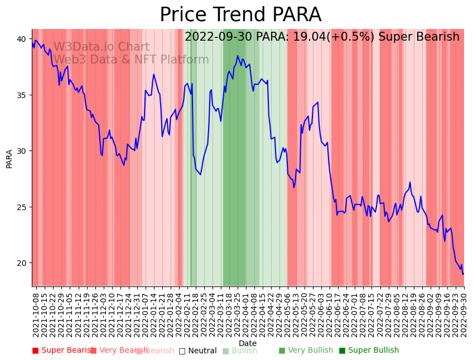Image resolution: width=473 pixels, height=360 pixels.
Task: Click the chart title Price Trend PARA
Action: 240,15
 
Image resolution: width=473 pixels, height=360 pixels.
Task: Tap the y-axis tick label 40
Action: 20,39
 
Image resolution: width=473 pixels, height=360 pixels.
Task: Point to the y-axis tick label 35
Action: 20,95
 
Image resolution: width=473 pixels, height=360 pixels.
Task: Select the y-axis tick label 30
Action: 20,151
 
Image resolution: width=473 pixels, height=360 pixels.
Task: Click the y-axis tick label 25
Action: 20,207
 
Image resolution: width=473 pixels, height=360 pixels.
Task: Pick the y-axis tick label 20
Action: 20,263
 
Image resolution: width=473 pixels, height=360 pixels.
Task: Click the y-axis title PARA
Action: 9,158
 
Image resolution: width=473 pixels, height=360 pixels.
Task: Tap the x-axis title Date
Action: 248,344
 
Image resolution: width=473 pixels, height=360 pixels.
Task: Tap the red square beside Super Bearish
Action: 35,351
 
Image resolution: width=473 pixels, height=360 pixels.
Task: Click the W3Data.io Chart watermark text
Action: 102,47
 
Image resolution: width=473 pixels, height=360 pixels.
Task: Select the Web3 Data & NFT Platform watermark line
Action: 131,60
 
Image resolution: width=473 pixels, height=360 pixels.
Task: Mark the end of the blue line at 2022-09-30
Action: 463,274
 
